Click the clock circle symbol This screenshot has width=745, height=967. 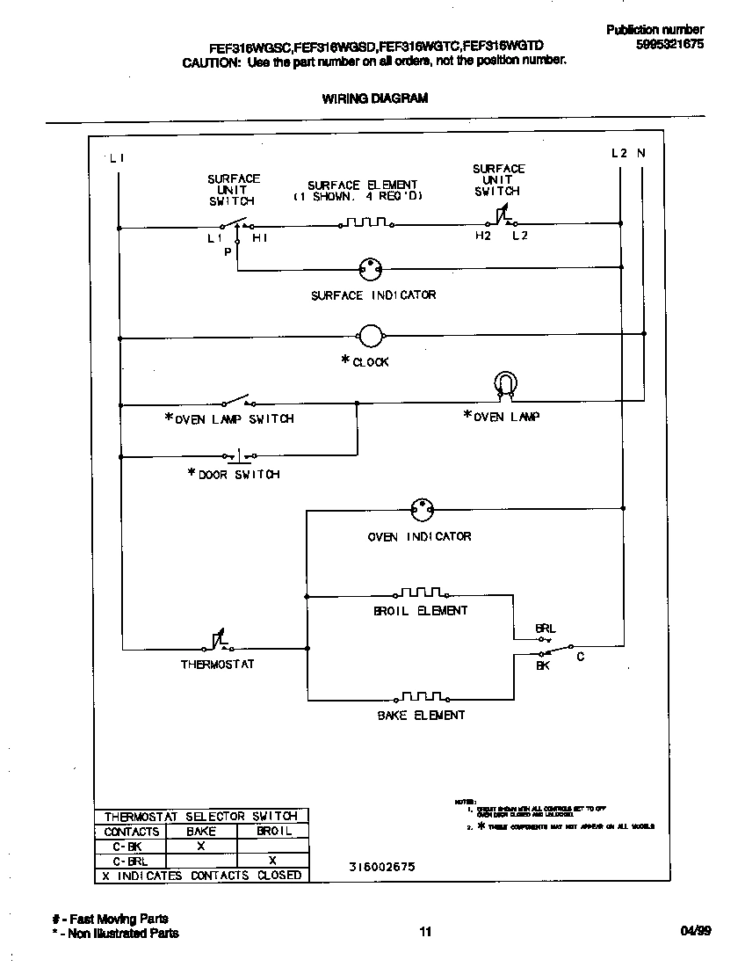coord(371,335)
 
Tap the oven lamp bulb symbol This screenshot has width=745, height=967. coord(505,384)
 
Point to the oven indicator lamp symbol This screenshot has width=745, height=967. coord(422,511)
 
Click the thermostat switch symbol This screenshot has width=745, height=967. coord(218,644)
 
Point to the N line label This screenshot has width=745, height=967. coord(641,153)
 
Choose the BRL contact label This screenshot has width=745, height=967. coord(546,629)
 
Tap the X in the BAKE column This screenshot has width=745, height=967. coord(200,846)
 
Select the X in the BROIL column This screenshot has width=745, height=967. coord(272,861)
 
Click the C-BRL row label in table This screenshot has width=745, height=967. coord(130,861)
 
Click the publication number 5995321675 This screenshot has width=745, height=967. coord(669,44)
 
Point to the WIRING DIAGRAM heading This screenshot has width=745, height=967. coord(374,98)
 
